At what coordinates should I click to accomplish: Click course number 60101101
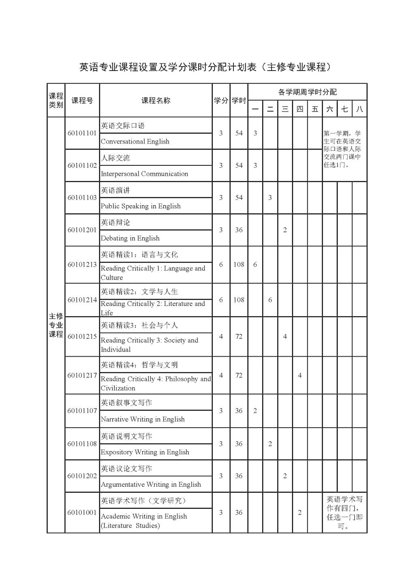tap(82, 133)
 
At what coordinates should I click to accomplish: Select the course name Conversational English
tap(135, 141)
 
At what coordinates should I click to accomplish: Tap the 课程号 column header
tap(82, 101)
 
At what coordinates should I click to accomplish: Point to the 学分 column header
tap(221, 101)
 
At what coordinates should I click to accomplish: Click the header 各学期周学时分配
tap(307, 92)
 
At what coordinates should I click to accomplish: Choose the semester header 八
tap(359, 109)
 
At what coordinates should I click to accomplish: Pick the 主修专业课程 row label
tap(56, 325)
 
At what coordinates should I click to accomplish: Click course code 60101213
tap(82, 265)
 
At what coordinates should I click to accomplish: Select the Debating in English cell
tap(130, 238)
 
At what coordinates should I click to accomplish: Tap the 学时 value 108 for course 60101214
tap(239, 300)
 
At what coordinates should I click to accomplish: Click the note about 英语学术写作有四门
tap(344, 513)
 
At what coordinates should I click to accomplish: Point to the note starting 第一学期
tap(342, 149)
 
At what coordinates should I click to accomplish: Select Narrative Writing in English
tap(143, 419)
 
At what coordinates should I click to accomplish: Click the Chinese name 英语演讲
tap(116, 190)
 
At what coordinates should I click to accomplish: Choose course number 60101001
tap(82, 513)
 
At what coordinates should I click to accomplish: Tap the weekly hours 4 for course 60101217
tap(300, 375)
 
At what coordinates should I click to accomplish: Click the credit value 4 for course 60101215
tap(221, 337)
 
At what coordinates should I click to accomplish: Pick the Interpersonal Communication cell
tap(144, 174)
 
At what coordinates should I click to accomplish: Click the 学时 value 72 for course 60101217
tap(239, 375)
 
